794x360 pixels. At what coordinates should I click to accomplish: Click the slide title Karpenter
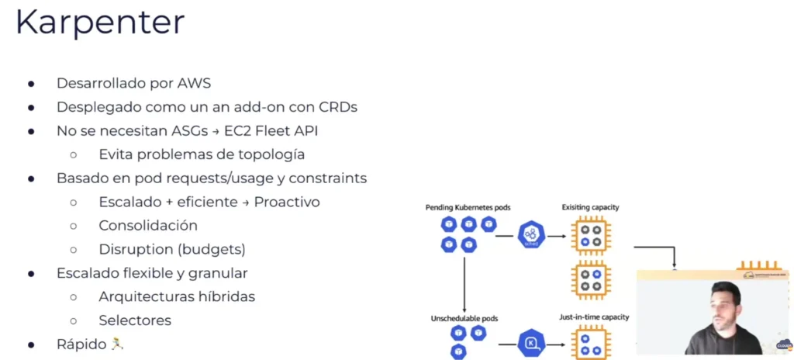pos(100,22)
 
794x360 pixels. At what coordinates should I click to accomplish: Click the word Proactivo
pos(286,202)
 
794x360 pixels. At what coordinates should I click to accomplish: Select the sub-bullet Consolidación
pos(148,226)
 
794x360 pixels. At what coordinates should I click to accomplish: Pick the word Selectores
pos(135,320)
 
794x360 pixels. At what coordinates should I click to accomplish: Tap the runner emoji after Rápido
pos(117,344)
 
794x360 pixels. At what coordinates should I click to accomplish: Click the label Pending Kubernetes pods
pos(468,208)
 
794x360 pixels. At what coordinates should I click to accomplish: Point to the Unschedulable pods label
pos(464,318)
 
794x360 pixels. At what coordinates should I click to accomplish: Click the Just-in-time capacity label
pos(594,317)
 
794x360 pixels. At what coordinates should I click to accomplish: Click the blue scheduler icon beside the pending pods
pos(531,234)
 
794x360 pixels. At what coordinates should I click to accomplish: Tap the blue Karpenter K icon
pos(531,342)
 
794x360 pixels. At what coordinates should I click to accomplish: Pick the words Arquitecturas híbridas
pos(177,296)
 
